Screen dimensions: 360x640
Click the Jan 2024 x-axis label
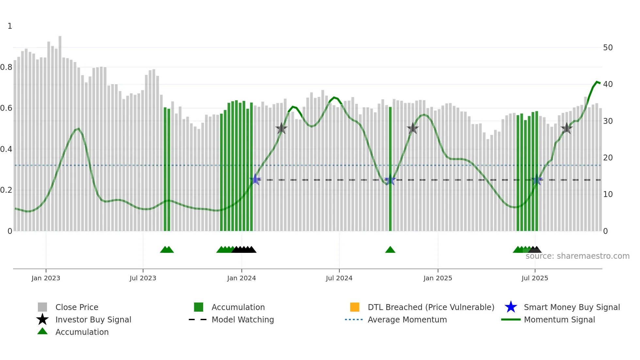pyautogui.click(x=241, y=278)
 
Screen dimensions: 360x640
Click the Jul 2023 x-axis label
pyautogui.click(x=143, y=278)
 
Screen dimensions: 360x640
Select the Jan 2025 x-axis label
pyautogui.click(x=438, y=278)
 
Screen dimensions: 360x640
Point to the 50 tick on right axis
pyautogui.click(x=608, y=48)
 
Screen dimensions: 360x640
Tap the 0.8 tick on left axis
pyautogui.click(x=6, y=67)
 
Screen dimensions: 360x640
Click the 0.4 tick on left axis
pyautogui.click(x=6, y=149)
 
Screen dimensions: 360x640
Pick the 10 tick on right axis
pyautogui.click(x=608, y=194)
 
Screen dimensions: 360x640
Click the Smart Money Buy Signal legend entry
pyautogui.click(x=571, y=307)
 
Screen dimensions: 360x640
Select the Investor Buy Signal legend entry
pyautogui.click(x=93, y=319)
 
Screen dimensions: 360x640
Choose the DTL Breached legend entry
pyautogui.click(x=431, y=307)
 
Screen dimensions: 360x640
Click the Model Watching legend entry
pyautogui.click(x=242, y=319)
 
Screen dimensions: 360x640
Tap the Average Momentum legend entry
pyautogui.click(x=407, y=319)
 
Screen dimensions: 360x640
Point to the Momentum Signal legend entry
pyautogui.click(x=559, y=319)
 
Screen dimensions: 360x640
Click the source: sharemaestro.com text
pyautogui.click(x=577, y=256)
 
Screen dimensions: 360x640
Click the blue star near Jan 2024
pyautogui.click(x=255, y=180)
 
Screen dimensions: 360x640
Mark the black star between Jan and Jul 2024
pyautogui.click(x=281, y=129)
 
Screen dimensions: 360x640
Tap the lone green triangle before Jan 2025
pyautogui.click(x=390, y=250)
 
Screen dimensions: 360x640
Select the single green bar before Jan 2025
pyautogui.click(x=390, y=170)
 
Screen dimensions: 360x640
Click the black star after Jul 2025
pyautogui.click(x=567, y=129)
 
